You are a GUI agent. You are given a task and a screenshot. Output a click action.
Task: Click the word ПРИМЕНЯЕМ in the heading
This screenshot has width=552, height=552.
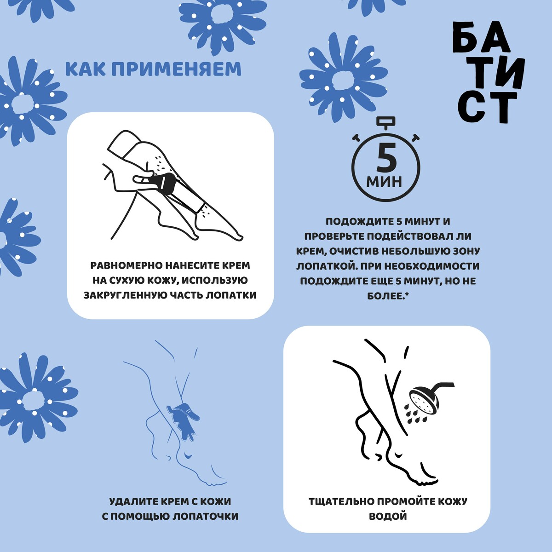176,69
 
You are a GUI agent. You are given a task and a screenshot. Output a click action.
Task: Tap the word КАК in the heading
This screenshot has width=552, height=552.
86,69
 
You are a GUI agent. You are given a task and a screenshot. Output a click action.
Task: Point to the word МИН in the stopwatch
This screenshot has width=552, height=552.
384,181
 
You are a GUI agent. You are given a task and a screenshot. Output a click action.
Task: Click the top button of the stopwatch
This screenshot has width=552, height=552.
386,121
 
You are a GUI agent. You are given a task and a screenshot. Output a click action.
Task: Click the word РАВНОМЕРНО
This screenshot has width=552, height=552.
126,265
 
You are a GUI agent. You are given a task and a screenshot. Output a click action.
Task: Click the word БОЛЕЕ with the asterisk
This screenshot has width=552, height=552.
388,296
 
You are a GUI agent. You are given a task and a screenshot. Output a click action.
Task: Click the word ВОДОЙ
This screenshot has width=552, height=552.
388,516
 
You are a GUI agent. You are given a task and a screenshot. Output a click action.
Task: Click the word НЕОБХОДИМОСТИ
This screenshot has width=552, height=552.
431,266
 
